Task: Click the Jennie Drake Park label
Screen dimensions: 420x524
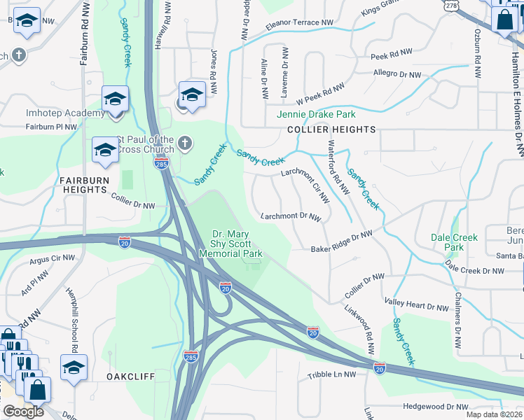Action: coord(316,114)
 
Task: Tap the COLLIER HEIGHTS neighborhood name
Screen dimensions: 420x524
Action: coord(331,129)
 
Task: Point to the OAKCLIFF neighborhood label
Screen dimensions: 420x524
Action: coord(130,376)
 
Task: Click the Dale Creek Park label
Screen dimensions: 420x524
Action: coord(454,242)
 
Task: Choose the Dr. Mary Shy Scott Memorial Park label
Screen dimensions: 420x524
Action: coord(237,244)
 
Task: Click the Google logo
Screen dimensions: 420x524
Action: coord(23,412)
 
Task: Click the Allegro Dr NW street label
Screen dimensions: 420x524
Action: coord(397,73)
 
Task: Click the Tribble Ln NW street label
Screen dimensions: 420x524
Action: coord(331,375)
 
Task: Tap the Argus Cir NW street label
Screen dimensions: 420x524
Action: coord(52,258)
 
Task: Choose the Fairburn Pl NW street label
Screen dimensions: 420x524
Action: coord(51,127)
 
